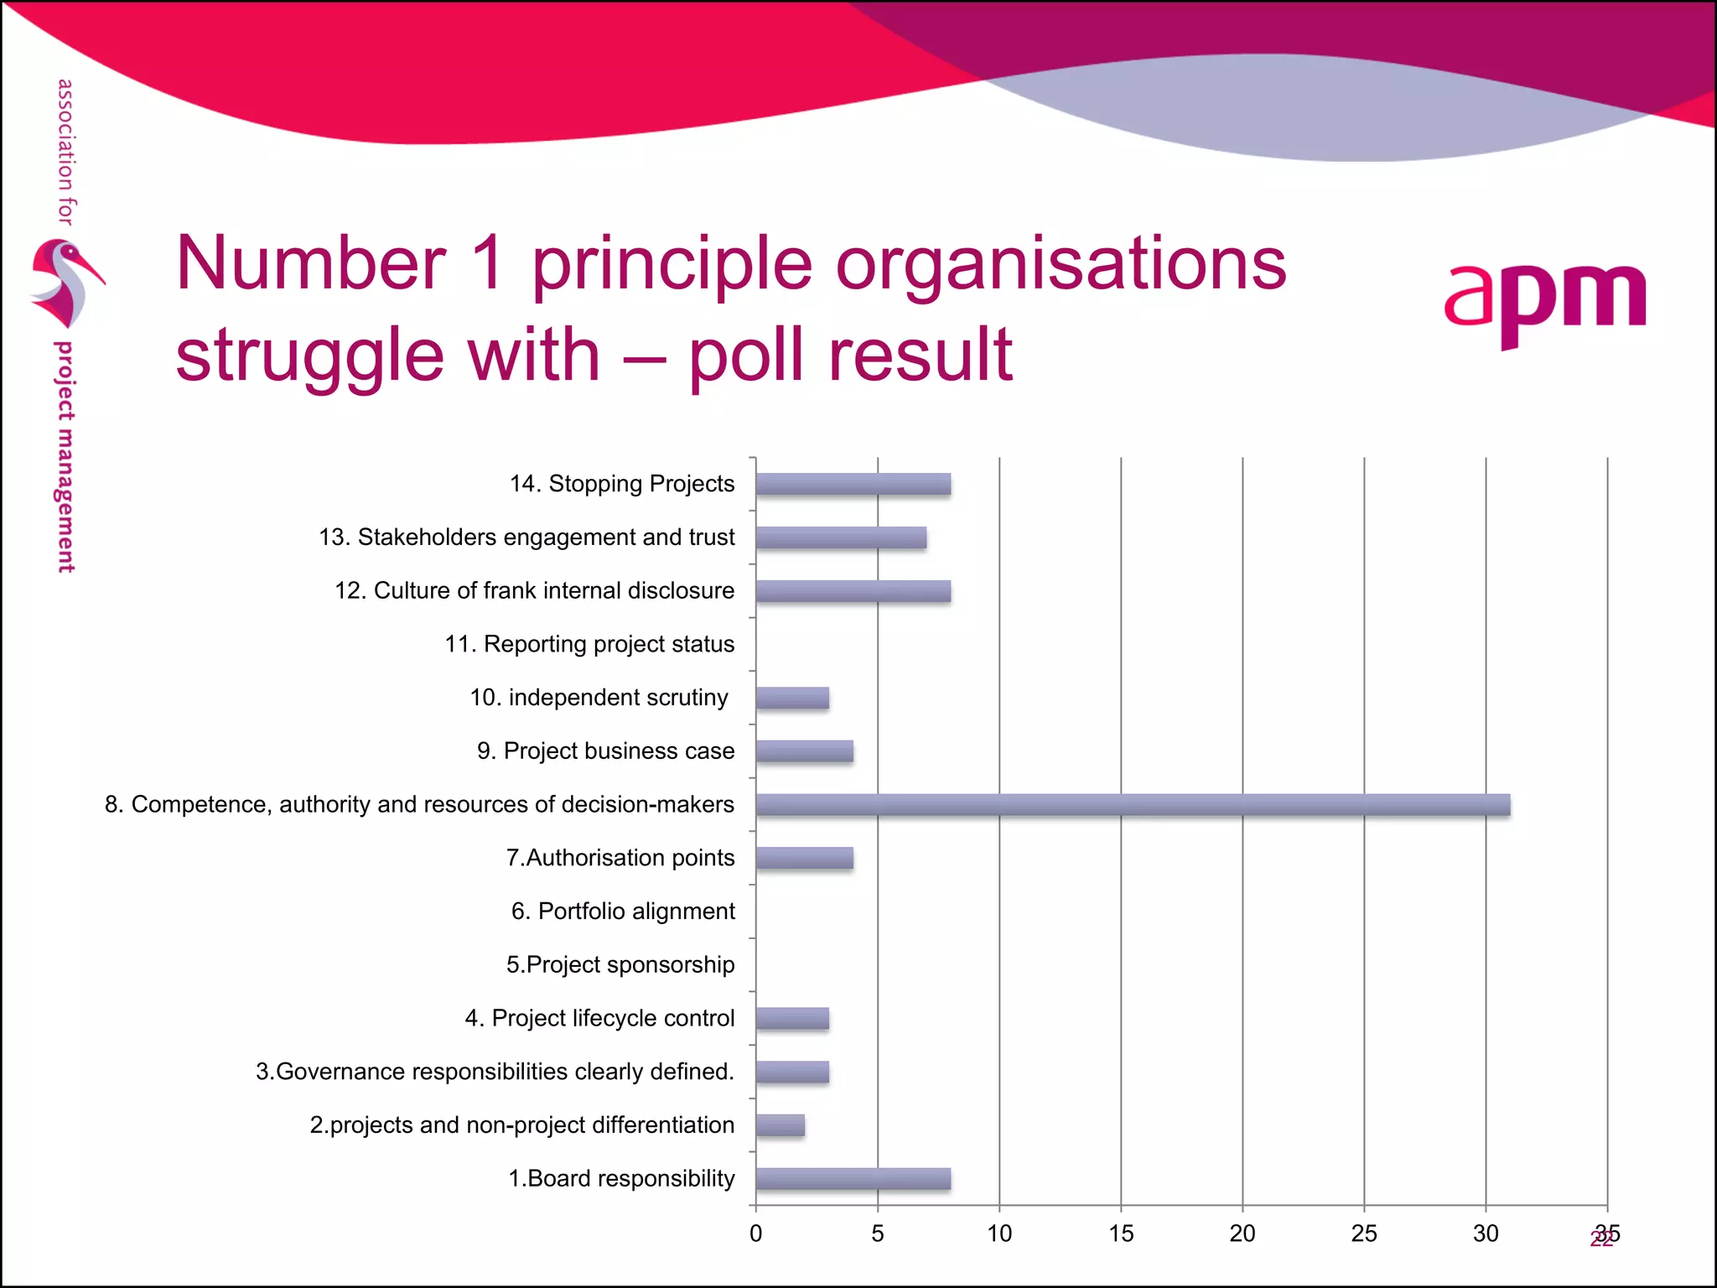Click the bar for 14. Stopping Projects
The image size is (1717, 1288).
pyautogui.click(x=853, y=484)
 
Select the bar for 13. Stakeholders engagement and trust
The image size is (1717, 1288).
pyautogui.click(x=841, y=538)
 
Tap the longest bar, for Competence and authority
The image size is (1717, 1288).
pyautogui.click(x=1133, y=805)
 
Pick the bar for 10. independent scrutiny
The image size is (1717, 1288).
pyautogui.click(x=792, y=698)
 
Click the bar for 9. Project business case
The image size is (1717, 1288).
pyautogui.click(x=804, y=751)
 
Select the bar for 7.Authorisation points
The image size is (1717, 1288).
pyautogui.click(x=804, y=858)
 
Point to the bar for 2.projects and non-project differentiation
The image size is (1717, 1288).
pyautogui.click(x=780, y=1125)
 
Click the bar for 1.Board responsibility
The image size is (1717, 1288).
pyautogui.click(x=853, y=1179)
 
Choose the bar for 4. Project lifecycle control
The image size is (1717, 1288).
pyautogui.click(x=792, y=1019)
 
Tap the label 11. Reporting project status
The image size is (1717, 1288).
pyautogui.click(x=589, y=644)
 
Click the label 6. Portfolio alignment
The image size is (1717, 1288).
pyautogui.click(x=623, y=911)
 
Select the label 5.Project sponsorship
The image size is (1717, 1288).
pyautogui.click(x=620, y=965)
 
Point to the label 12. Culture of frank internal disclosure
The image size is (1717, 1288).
pyautogui.click(x=534, y=590)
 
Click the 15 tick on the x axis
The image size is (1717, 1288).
pyautogui.click(x=1121, y=1233)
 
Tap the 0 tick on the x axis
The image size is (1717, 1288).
pyautogui.click(x=756, y=1233)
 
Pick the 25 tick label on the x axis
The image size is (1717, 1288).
pyautogui.click(x=1364, y=1233)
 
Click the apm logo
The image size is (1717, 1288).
pyautogui.click(x=1545, y=302)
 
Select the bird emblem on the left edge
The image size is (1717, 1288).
pyautogui.click(x=64, y=283)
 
